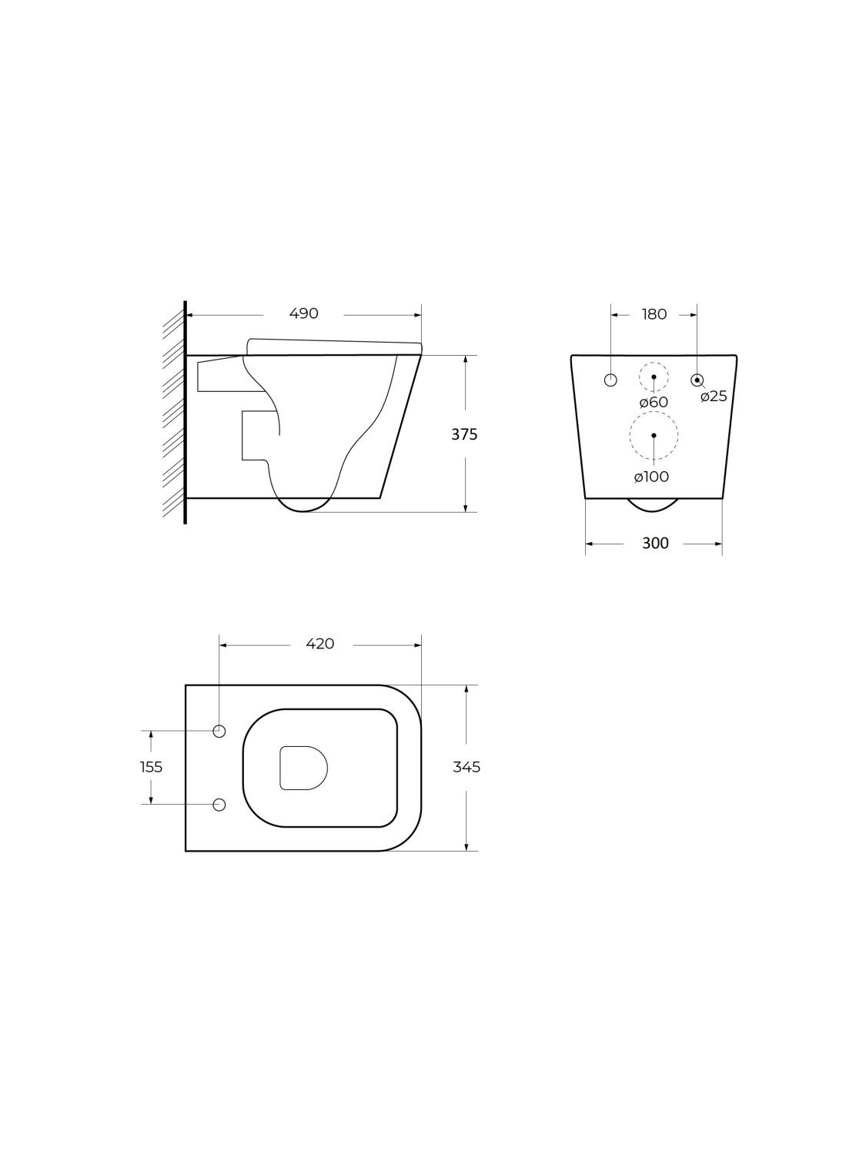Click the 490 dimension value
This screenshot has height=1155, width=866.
coord(303,313)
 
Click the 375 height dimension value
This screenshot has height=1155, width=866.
coord(464,434)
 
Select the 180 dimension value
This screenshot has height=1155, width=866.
coord(654,314)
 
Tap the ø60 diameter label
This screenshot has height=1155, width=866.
coord(654,403)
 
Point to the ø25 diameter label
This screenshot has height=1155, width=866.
coord(714,397)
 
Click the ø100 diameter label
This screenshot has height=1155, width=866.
coord(651,477)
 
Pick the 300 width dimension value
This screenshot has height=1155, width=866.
coord(655,543)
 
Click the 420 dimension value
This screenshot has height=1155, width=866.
coord(319,644)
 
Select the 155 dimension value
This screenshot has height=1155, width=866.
coord(151,767)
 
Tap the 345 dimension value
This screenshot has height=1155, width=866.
coord(466,767)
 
